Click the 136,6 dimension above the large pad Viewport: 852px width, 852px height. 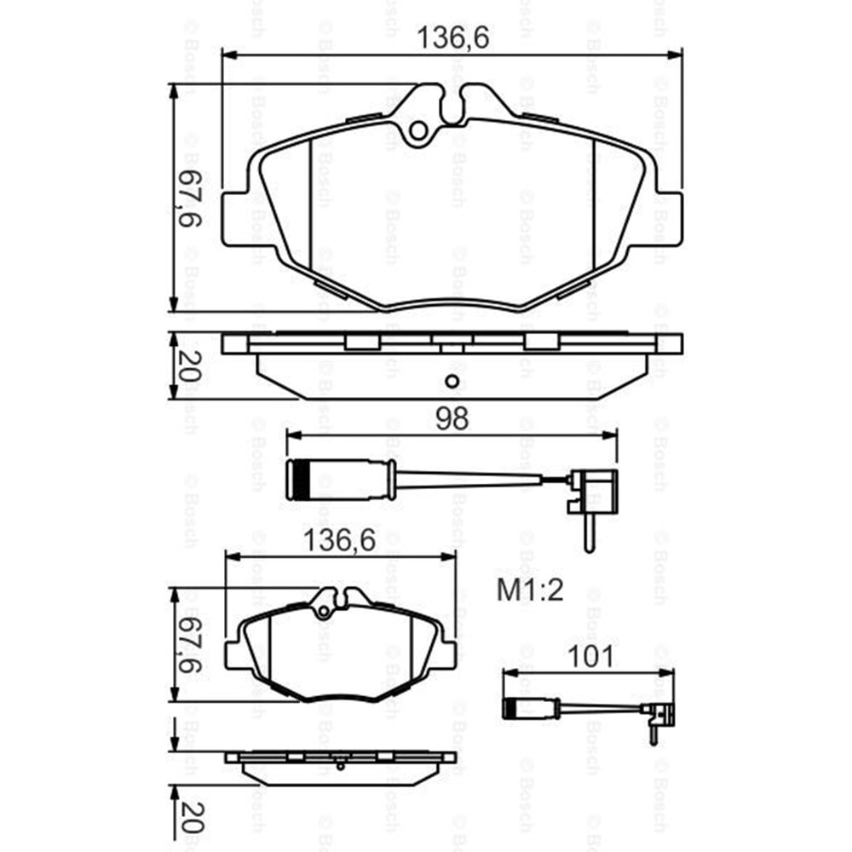(452, 38)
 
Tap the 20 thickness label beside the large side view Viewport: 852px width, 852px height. (188, 366)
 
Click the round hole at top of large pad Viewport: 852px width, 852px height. (418, 130)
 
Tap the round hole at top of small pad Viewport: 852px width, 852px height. (322, 610)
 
